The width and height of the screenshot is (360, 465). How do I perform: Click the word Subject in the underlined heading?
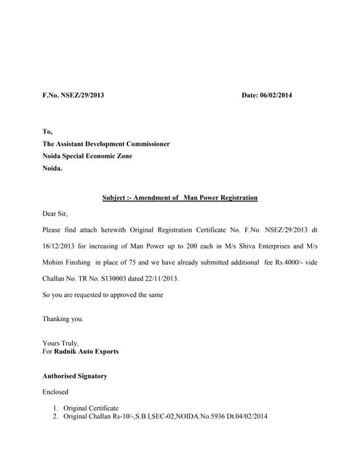pos(114,198)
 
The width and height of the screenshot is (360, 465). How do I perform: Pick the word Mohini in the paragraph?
pos(55,262)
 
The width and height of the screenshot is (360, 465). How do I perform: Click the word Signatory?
pos(91,376)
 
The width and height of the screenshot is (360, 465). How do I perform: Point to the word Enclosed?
pos(56,392)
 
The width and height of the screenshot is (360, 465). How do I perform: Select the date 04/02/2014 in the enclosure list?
pos(250,416)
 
